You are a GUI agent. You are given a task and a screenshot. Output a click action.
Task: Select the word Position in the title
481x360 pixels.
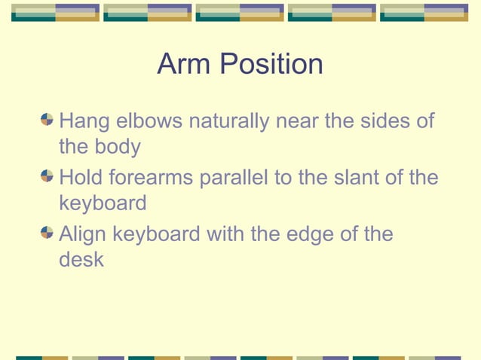271,65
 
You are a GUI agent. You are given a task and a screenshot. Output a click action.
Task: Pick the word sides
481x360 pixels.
382,121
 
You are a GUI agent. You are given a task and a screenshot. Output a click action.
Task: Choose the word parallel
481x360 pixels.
240,178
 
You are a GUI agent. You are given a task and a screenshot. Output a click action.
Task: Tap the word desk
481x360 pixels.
81,260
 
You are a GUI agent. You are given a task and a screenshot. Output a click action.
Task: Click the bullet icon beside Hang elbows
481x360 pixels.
47,120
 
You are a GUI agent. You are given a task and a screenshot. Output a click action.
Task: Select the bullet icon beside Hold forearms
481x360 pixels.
47,176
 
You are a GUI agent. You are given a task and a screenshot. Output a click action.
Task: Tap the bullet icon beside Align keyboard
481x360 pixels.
47,233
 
